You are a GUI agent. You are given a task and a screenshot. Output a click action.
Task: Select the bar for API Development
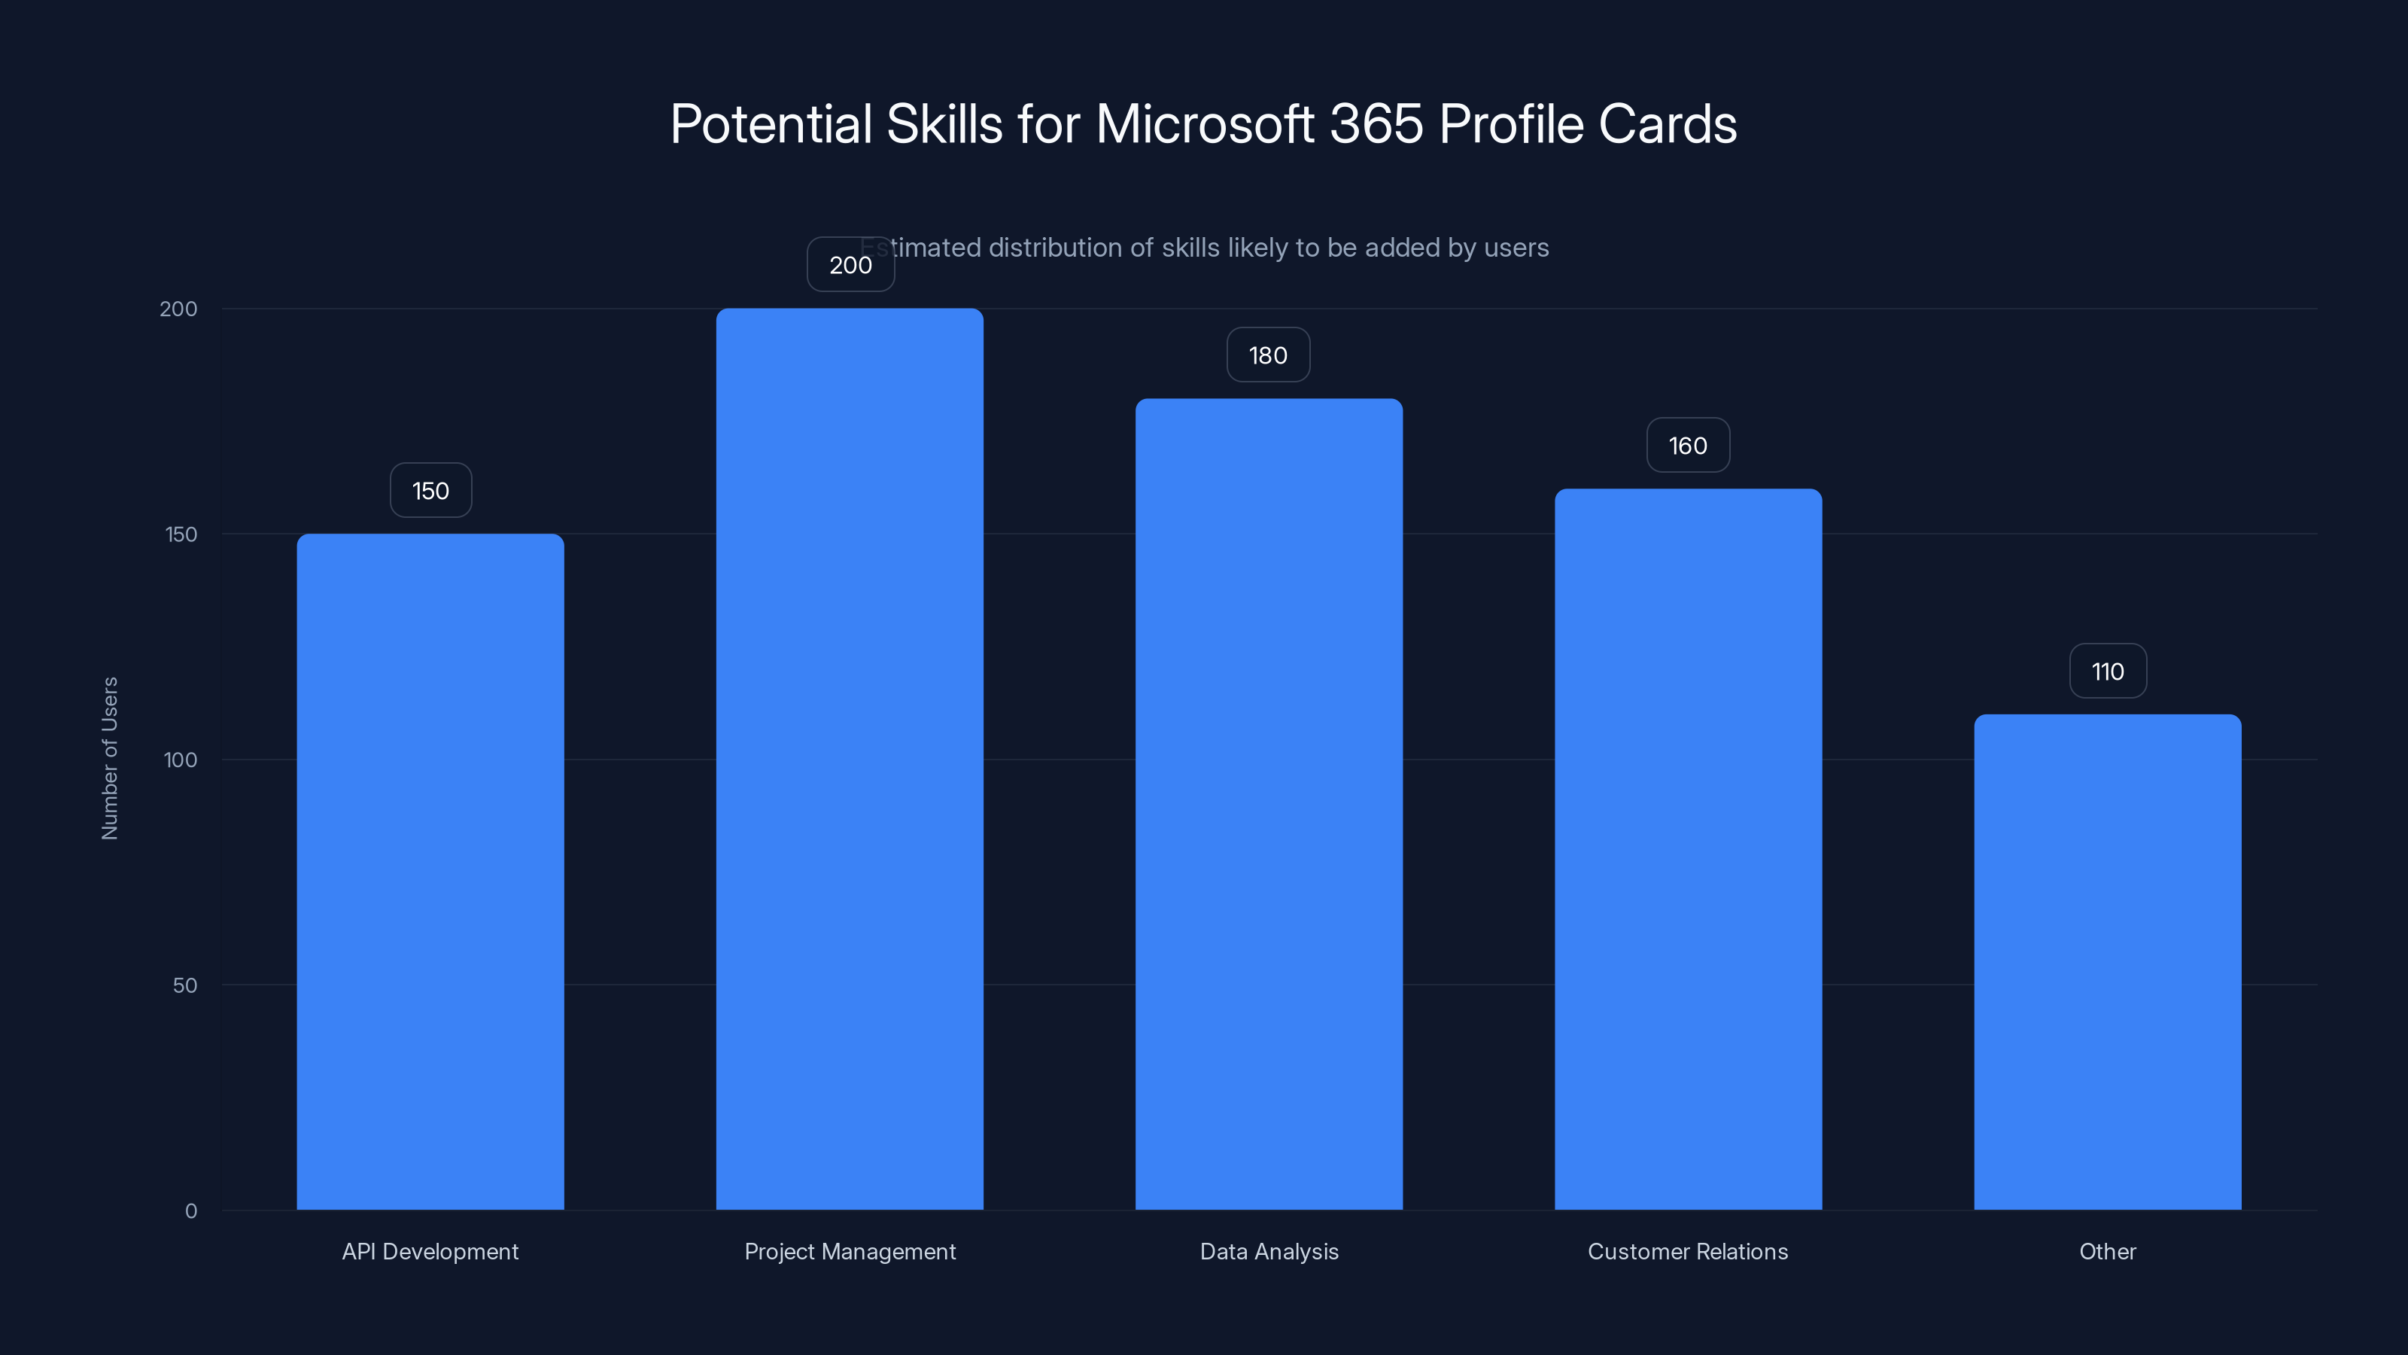coord(430,869)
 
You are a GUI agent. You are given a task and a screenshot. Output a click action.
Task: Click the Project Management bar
coord(849,757)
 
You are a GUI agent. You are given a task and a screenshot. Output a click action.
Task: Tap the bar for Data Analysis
coord(1269,804)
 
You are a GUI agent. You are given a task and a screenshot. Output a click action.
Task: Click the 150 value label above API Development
coord(430,491)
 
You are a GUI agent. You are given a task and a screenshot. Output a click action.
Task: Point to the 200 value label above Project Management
coord(850,266)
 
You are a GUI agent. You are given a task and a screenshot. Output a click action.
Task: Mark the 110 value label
coord(2107,671)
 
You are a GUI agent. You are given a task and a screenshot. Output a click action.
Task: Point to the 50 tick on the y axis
coord(184,985)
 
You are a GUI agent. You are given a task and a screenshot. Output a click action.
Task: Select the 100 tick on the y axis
coord(181,760)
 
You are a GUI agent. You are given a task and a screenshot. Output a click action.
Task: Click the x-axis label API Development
coord(430,1251)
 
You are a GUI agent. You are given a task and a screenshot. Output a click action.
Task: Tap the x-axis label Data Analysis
coord(1269,1251)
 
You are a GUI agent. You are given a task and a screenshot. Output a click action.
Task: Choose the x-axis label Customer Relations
coord(1687,1251)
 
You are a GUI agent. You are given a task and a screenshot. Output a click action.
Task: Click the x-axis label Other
coord(2107,1251)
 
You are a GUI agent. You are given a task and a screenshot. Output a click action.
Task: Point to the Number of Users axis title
coord(109,758)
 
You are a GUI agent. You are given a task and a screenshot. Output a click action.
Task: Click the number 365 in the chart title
coord(1376,124)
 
